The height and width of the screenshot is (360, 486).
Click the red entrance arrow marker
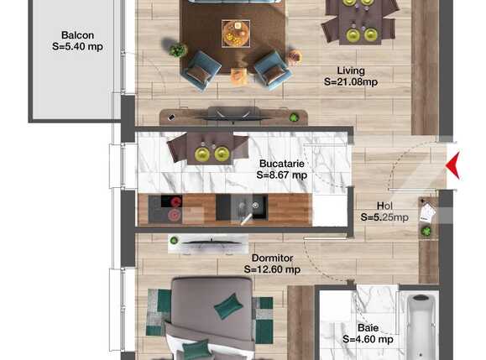coord(452,162)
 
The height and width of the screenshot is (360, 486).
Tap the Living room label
coord(351,70)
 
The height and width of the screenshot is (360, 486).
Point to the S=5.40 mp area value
coord(77,48)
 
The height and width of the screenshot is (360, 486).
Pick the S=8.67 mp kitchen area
coord(281,176)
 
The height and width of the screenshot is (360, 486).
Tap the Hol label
coord(384,206)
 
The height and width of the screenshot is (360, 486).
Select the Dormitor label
coord(272,258)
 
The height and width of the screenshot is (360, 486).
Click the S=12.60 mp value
coord(272,270)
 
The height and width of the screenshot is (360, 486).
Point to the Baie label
coord(368,327)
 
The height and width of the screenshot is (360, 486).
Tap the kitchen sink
coord(248,206)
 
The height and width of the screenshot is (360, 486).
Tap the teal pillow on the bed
coord(227,307)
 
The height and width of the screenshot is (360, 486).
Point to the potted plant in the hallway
coord(426,231)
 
